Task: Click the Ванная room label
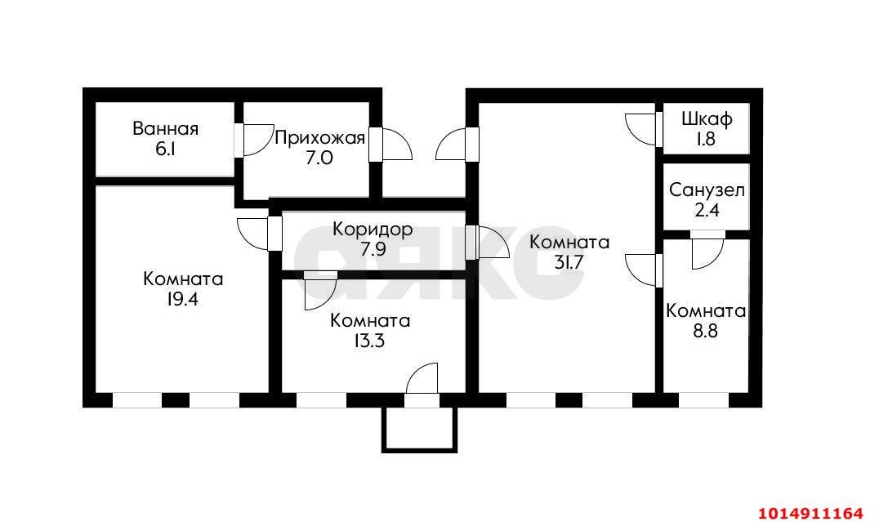[165, 128]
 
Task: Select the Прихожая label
[319, 137]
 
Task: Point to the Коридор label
[373, 230]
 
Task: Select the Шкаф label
[707, 118]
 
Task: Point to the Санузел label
[707, 190]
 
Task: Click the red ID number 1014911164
[810, 513]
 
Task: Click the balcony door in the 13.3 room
[422, 381]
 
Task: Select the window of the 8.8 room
[703, 400]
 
